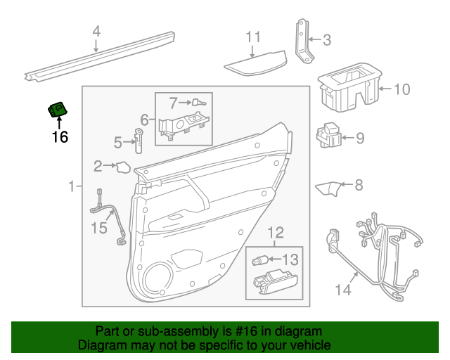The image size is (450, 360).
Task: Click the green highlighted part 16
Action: (58, 110)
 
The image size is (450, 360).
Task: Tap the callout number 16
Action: (60, 136)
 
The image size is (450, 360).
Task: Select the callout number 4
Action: (97, 32)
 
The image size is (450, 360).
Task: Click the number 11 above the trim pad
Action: (253, 37)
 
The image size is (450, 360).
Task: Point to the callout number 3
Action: (326, 40)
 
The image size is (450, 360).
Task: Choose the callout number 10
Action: (401, 89)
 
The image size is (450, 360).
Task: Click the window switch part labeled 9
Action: (330, 136)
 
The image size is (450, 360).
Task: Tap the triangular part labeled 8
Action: (327, 188)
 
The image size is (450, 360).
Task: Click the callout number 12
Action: (276, 232)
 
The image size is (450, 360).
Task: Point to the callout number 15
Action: (101, 226)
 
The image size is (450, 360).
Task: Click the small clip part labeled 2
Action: (122, 167)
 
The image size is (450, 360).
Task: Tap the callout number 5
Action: (118, 143)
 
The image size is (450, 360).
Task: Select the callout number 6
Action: (144, 120)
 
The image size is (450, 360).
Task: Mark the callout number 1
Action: (71, 186)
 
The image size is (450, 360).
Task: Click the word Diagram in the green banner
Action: (104, 345)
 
